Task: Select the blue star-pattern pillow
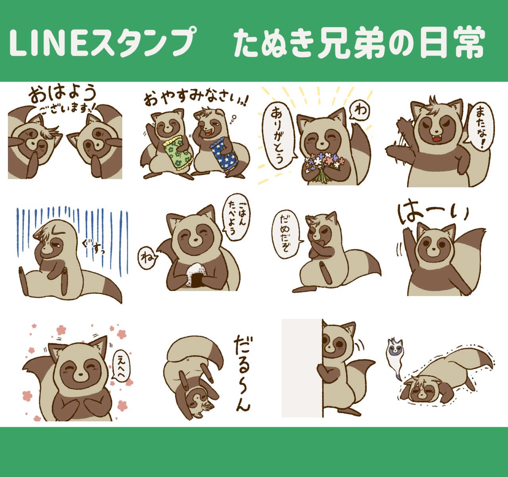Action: [x=224, y=154]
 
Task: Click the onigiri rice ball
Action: [x=196, y=275]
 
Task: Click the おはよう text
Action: [x=62, y=94]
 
